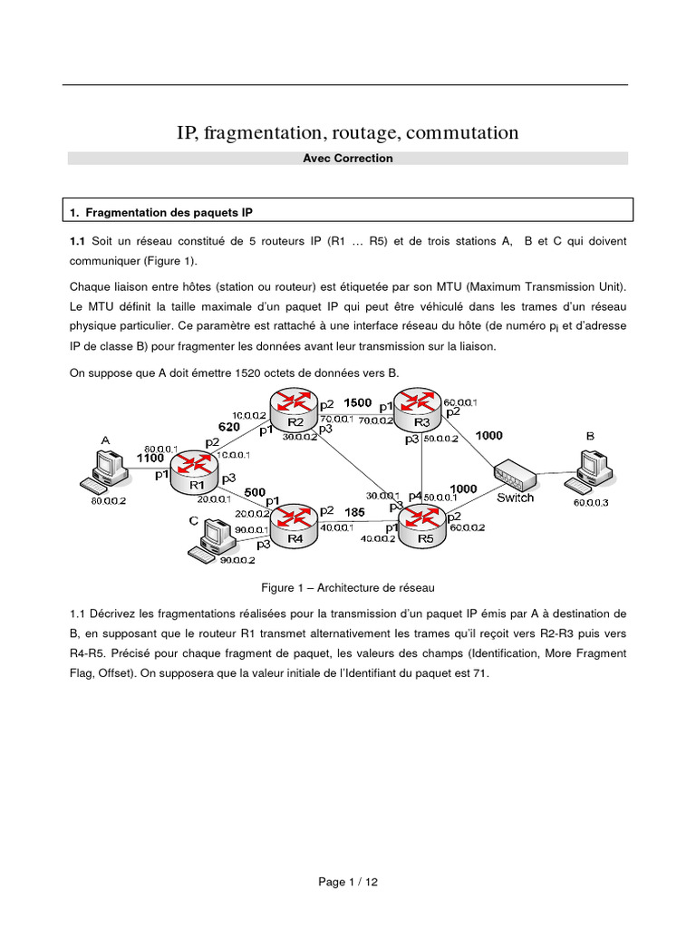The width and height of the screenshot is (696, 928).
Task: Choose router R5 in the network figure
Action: point(425,523)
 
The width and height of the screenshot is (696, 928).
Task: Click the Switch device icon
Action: point(514,474)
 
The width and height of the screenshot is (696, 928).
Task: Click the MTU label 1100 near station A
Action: point(150,458)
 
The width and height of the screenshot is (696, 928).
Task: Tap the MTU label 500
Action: point(255,492)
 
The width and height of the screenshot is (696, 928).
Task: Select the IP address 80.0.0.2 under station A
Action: point(108,498)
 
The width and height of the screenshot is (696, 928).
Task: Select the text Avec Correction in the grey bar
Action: point(348,159)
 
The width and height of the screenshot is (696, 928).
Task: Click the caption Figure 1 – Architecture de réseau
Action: point(348,588)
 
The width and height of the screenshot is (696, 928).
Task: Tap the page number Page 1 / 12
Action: point(348,883)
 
